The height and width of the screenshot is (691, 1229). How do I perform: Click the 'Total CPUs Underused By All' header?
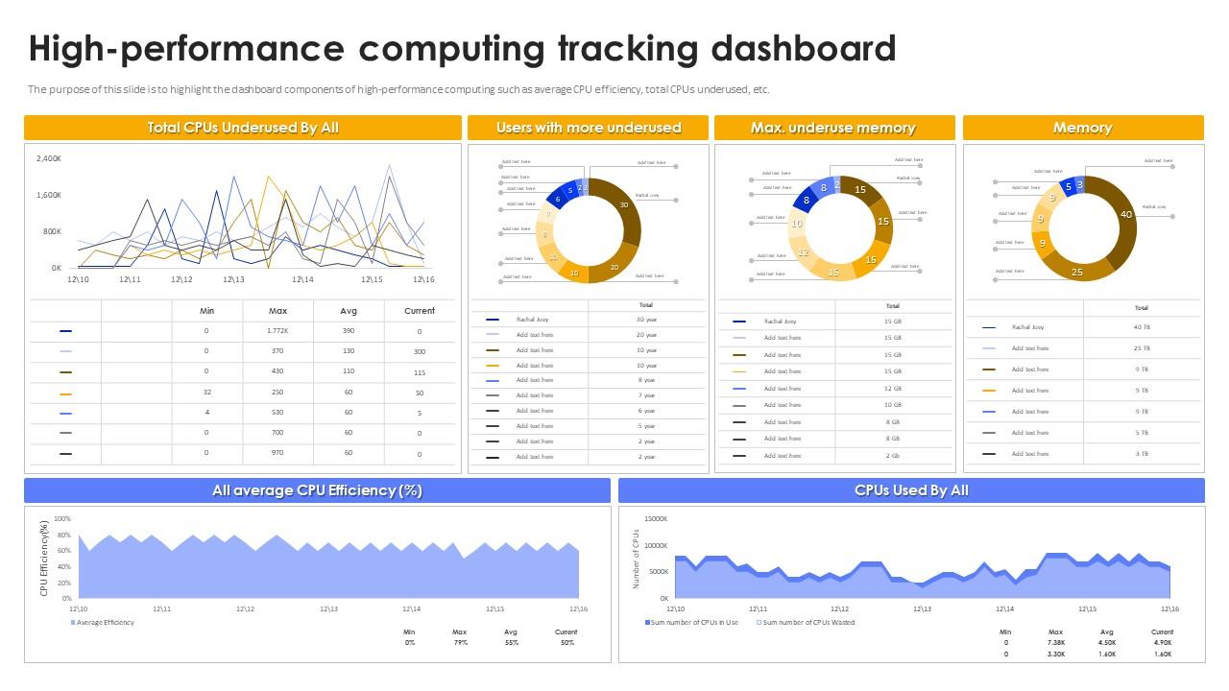point(242,128)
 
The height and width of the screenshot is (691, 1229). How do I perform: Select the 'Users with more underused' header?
point(588,128)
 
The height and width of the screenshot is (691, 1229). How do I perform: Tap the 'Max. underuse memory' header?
point(832,128)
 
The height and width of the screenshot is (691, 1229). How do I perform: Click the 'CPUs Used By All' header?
point(911,490)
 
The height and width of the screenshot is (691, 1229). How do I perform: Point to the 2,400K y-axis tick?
point(48,158)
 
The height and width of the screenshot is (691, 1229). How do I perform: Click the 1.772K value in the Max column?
point(277,331)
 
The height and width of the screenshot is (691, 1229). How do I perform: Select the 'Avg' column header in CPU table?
point(349,311)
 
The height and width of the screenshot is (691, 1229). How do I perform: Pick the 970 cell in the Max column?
point(277,453)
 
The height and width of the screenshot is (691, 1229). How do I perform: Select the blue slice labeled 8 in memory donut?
point(807,200)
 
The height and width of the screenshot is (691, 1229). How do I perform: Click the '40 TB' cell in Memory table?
point(1141,327)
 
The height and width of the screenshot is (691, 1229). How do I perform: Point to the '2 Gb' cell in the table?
point(893,455)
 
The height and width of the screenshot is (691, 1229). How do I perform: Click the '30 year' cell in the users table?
point(646,319)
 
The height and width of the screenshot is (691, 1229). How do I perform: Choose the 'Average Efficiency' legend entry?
point(106,622)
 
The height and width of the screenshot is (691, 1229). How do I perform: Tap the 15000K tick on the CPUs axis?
point(655,519)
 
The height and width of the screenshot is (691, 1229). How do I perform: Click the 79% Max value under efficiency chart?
point(460,642)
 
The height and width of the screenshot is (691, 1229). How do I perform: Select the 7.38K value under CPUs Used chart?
point(1055,642)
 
